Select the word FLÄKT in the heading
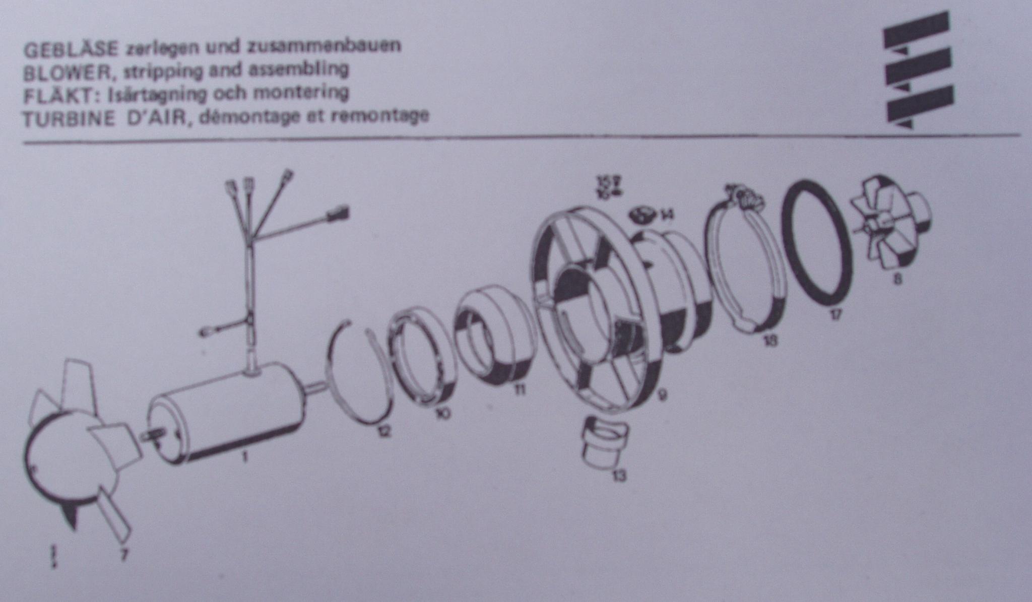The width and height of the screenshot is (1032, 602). point(58,96)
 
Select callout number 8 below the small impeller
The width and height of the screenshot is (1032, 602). point(897,279)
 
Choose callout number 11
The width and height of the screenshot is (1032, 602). point(520,389)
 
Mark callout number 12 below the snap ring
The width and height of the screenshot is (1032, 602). point(384,431)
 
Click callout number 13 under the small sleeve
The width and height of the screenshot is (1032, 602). point(619,475)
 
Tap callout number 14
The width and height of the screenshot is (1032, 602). point(666,216)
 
